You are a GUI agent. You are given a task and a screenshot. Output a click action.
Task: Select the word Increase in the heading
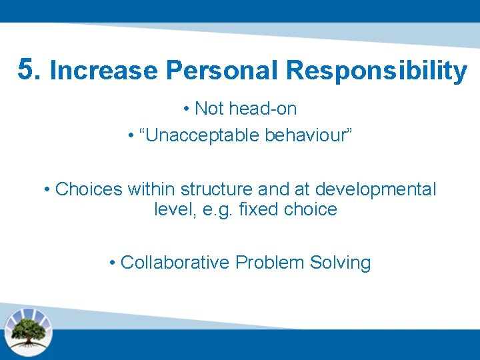[x=103, y=71]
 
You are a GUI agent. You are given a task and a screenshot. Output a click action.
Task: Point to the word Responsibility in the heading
[x=376, y=71]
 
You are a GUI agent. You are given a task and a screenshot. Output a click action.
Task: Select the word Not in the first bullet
[x=209, y=108]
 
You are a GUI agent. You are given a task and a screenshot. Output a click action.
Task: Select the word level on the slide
[x=169, y=209]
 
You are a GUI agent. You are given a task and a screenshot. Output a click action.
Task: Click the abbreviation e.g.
[x=209, y=209]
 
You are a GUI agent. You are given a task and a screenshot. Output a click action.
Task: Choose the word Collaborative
[x=175, y=262]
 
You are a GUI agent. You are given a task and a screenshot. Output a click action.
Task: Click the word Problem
[x=269, y=262]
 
